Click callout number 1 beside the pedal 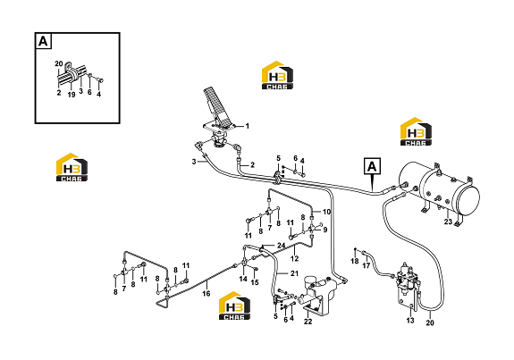click(x=248, y=126)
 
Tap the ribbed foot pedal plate click(x=216, y=105)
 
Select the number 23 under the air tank click(x=448, y=222)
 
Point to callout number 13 click(x=410, y=321)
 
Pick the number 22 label click(x=308, y=322)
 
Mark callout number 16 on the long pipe click(x=206, y=294)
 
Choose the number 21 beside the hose click(x=294, y=273)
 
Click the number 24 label click(x=282, y=246)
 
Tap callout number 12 click(x=295, y=259)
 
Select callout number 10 click(x=327, y=212)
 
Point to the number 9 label click(x=324, y=230)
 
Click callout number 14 click(x=243, y=279)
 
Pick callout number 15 click(x=255, y=282)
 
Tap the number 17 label click(x=367, y=265)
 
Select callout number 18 click(x=355, y=261)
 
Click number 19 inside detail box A click(x=72, y=95)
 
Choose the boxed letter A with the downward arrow click(x=372, y=166)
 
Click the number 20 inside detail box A click(x=59, y=63)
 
